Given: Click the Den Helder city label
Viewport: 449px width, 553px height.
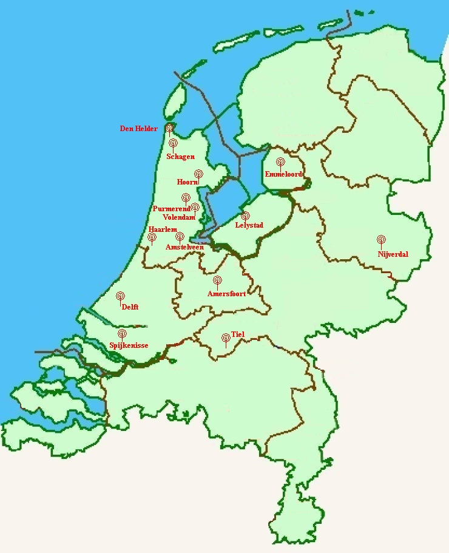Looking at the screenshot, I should click(139, 129).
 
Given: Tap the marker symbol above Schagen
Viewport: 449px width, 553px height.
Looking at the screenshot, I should click(173, 143).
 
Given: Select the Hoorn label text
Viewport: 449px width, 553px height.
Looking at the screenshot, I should click(187, 182).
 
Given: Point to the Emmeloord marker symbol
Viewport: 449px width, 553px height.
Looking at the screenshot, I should click(280, 162).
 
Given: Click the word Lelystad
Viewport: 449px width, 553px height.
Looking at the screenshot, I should click(249, 225).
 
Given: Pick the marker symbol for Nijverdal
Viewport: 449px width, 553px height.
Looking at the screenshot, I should click(381, 239).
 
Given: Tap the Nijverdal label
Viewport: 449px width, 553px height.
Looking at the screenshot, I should click(393, 254).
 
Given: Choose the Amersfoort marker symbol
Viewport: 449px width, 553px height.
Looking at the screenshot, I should click(218, 280).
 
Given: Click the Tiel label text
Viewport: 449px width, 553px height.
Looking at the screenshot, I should click(237, 334).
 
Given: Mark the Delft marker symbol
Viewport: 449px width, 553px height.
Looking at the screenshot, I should click(121, 296).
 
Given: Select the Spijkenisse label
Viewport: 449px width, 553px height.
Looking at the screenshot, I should click(129, 346).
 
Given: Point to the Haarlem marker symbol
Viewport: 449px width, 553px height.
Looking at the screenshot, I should click(152, 237).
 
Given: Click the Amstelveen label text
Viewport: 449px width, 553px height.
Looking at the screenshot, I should click(184, 247).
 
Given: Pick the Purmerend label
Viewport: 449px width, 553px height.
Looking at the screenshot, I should click(171, 208).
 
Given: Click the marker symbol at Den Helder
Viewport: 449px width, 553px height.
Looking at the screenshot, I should click(169, 128).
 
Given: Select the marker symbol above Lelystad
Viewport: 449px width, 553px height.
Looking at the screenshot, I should click(245, 215).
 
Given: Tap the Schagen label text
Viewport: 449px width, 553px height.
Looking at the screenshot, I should click(180, 157).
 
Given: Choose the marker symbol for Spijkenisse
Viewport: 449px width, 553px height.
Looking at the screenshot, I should click(122, 333).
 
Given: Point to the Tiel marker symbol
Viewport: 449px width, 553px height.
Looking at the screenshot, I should click(226, 337).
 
